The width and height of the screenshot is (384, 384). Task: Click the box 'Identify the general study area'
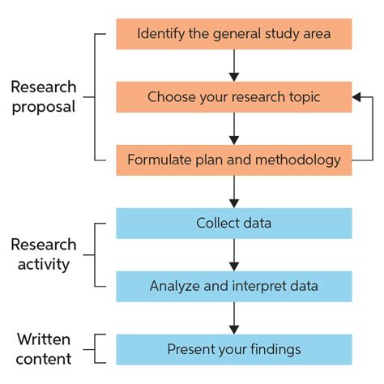point(233,34)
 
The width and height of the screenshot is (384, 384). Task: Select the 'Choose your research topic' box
point(233,97)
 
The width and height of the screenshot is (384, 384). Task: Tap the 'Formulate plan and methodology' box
point(233,160)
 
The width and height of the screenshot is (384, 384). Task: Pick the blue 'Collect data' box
point(233,223)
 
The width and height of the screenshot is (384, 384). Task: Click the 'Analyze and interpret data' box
point(233,285)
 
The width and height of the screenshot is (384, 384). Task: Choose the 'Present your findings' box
point(233,348)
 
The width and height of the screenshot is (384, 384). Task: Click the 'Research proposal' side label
point(44,96)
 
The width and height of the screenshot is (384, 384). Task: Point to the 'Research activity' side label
point(44,254)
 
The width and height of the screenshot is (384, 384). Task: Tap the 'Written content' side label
point(44,348)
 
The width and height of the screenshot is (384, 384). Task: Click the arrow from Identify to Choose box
point(233,66)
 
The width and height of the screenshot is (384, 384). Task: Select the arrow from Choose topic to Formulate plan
point(233,128)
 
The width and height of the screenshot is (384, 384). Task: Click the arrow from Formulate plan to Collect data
point(233,191)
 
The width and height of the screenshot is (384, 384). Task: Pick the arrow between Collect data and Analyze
point(233,254)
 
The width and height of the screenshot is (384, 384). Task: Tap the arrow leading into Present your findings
point(233,317)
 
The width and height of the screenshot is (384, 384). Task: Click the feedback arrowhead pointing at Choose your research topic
point(357,97)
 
